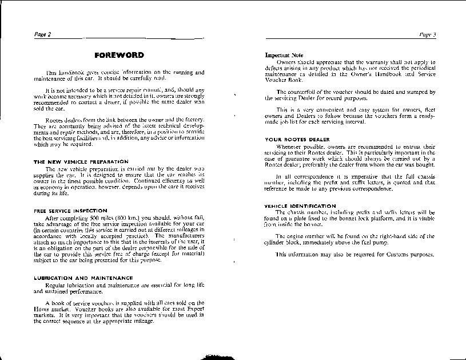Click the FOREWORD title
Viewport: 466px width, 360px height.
[119, 56]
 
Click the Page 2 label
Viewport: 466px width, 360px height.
[43, 34]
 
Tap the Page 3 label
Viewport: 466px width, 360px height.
[427, 34]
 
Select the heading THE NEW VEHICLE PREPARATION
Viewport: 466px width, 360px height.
[81, 162]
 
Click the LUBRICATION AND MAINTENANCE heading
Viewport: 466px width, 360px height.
[83, 278]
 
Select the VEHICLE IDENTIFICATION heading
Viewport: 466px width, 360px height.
[300, 205]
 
